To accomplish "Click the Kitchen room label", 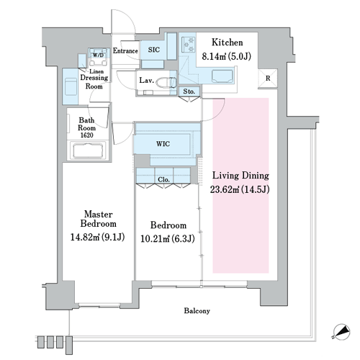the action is [x=227, y=42].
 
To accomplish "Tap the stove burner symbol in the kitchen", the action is [x=189, y=45].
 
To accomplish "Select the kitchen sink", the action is [x=222, y=76].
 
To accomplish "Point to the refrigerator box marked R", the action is [x=268, y=78].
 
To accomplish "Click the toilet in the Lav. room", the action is [x=166, y=82].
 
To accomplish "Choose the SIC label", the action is [x=154, y=50].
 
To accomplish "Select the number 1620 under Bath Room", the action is [x=86, y=135].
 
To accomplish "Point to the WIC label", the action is [x=163, y=144].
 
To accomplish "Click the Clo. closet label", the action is [x=163, y=179].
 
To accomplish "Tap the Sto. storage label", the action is [x=189, y=91].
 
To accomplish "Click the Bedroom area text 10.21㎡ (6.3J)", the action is [x=168, y=239].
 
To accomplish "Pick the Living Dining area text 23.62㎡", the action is [x=225, y=189].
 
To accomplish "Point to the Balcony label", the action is [x=197, y=311].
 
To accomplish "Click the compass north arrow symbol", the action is [x=341, y=332].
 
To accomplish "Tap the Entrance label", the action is [x=125, y=51].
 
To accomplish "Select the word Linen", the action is [x=96, y=71].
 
